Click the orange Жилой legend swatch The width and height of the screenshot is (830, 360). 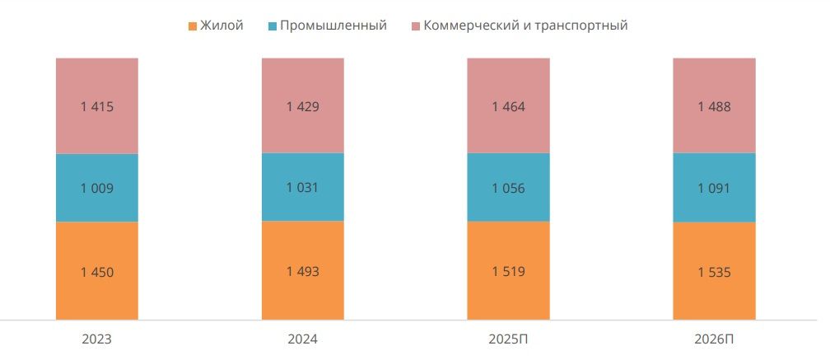pyautogui.click(x=194, y=26)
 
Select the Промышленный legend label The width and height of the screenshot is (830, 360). pyautogui.click(x=333, y=26)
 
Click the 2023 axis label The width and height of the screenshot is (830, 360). pyautogui.click(x=96, y=339)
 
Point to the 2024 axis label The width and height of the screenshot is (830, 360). pyautogui.click(x=302, y=339)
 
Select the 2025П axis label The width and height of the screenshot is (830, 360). pyautogui.click(x=508, y=339)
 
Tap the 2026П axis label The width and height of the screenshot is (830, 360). pyautogui.click(x=714, y=339)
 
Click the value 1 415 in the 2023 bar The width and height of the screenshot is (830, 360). pyautogui.click(x=96, y=106)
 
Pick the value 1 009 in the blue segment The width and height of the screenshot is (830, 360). pyautogui.click(x=96, y=188)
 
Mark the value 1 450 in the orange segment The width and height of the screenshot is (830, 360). pyautogui.click(x=96, y=272)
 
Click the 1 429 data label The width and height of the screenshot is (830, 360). pyautogui.click(x=302, y=106)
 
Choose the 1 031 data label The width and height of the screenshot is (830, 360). pyautogui.click(x=302, y=187)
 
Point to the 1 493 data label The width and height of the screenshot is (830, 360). pyautogui.click(x=302, y=271)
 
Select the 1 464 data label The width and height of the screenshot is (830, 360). pyautogui.click(x=508, y=106)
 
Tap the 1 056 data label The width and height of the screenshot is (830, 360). pyautogui.click(x=508, y=188)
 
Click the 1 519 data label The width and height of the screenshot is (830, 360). pyautogui.click(x=508, y=271)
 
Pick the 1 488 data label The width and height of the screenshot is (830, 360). pyautogui.click(x=714, y=106)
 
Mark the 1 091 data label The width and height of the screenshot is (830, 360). pyautogui.click(x=714, y=188)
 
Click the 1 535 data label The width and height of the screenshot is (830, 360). pyautogui.click(x=714, y=271)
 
